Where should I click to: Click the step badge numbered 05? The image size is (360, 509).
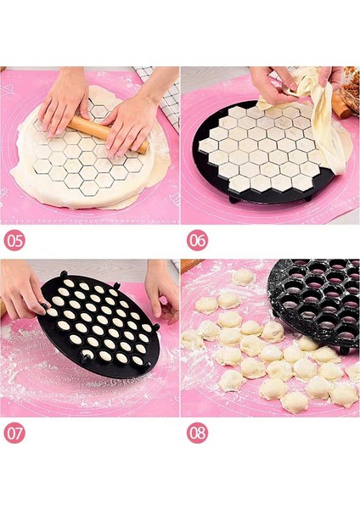(14, 239)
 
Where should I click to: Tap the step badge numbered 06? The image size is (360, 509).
(197, 239)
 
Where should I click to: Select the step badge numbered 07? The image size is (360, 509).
(14, 433)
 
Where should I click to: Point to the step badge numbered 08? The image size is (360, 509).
(197, 433)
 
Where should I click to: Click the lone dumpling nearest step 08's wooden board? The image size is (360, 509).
(243, 277)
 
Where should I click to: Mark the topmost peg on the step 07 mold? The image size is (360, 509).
(65, 273)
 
